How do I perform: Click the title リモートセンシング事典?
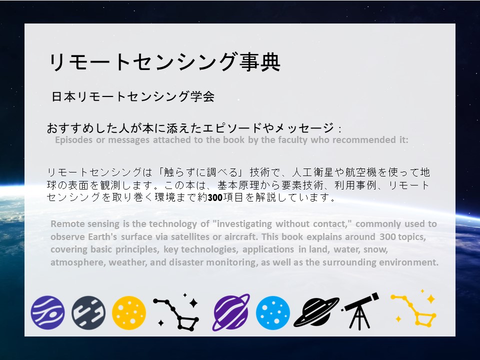tap(164, 62)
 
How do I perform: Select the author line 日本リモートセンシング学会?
tap(133, 96)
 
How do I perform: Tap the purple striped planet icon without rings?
tap(47, 312)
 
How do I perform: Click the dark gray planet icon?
tap(88, 312)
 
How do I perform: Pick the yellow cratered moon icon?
tap(129, 312)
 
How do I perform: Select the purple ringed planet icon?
tap(231, 312)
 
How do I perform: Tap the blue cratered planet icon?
tap(273, 312)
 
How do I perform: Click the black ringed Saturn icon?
tap(316, 312)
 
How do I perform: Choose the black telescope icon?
tap(360, 311)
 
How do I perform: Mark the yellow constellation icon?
tap(413, 309)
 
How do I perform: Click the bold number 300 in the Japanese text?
tap(215, 198)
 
